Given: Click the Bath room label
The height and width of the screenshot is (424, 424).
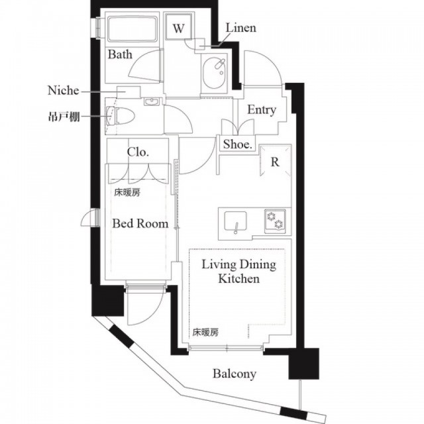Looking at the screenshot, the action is click(120, 54).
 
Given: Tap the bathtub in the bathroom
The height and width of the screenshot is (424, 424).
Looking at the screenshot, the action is click(132, 29).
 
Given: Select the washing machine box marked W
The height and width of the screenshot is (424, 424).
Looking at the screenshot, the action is click(179, 27).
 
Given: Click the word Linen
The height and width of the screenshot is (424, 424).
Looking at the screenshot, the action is click(240, 28).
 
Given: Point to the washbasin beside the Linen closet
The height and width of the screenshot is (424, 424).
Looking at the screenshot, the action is click(215, 74).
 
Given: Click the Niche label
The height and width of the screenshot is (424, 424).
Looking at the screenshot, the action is click(64, 90).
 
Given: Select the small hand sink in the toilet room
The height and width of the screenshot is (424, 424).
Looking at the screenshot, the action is click(152, 101).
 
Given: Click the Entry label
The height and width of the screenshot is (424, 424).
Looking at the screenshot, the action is click(262, 110).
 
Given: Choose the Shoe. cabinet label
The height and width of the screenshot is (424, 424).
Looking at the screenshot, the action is click(238, 144).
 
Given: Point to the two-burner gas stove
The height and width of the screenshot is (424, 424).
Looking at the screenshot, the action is click(275, 221).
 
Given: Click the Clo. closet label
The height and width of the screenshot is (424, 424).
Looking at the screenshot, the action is click(138, 152).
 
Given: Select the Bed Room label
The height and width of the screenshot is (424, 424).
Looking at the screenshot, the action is click(140, 224).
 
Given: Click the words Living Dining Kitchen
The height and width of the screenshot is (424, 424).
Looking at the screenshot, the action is click(239, 272).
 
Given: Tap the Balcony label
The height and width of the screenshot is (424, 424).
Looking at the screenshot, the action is click(235, 374).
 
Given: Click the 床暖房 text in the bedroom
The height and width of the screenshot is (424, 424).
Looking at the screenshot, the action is click(127, 193).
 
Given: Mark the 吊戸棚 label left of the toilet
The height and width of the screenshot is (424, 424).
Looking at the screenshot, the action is click(64, 117).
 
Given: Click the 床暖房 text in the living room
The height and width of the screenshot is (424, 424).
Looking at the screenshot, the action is click(205, 333).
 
